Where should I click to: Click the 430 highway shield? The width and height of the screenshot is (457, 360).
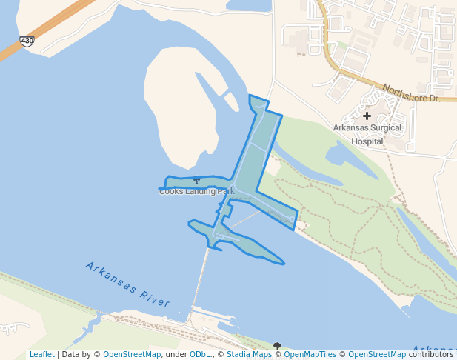[27, 41]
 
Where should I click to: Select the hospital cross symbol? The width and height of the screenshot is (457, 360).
[367, 116]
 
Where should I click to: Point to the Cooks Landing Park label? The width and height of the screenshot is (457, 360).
[196, 191]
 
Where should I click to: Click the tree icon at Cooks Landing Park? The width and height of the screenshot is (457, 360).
[196, 179]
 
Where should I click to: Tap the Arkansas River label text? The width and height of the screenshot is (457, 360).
[127, 284]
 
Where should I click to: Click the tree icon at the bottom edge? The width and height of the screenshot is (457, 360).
[277, 346]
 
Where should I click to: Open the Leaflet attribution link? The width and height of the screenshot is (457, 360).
[41, 354]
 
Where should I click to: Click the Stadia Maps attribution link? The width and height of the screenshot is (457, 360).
[249, 354]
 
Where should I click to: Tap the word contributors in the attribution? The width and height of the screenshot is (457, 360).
[430, 354]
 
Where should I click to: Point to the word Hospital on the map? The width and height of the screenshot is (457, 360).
[367, 141]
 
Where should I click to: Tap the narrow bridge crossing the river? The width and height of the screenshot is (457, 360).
[200, 278]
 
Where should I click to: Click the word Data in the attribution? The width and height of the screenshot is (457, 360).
[71, 354]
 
